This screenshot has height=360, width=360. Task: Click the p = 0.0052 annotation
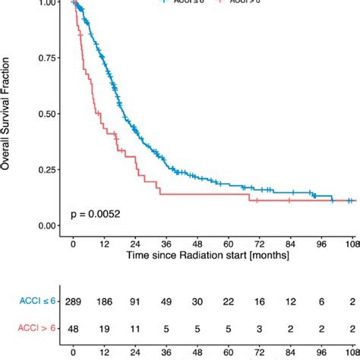(x=96, y=214)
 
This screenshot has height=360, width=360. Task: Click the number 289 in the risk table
(x=74, y=302)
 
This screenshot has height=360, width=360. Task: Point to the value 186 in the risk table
(x=105, y=302)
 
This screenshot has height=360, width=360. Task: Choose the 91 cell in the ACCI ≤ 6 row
(x=136, y=302)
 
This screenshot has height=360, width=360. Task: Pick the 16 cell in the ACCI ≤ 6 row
(x=260, y=302)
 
